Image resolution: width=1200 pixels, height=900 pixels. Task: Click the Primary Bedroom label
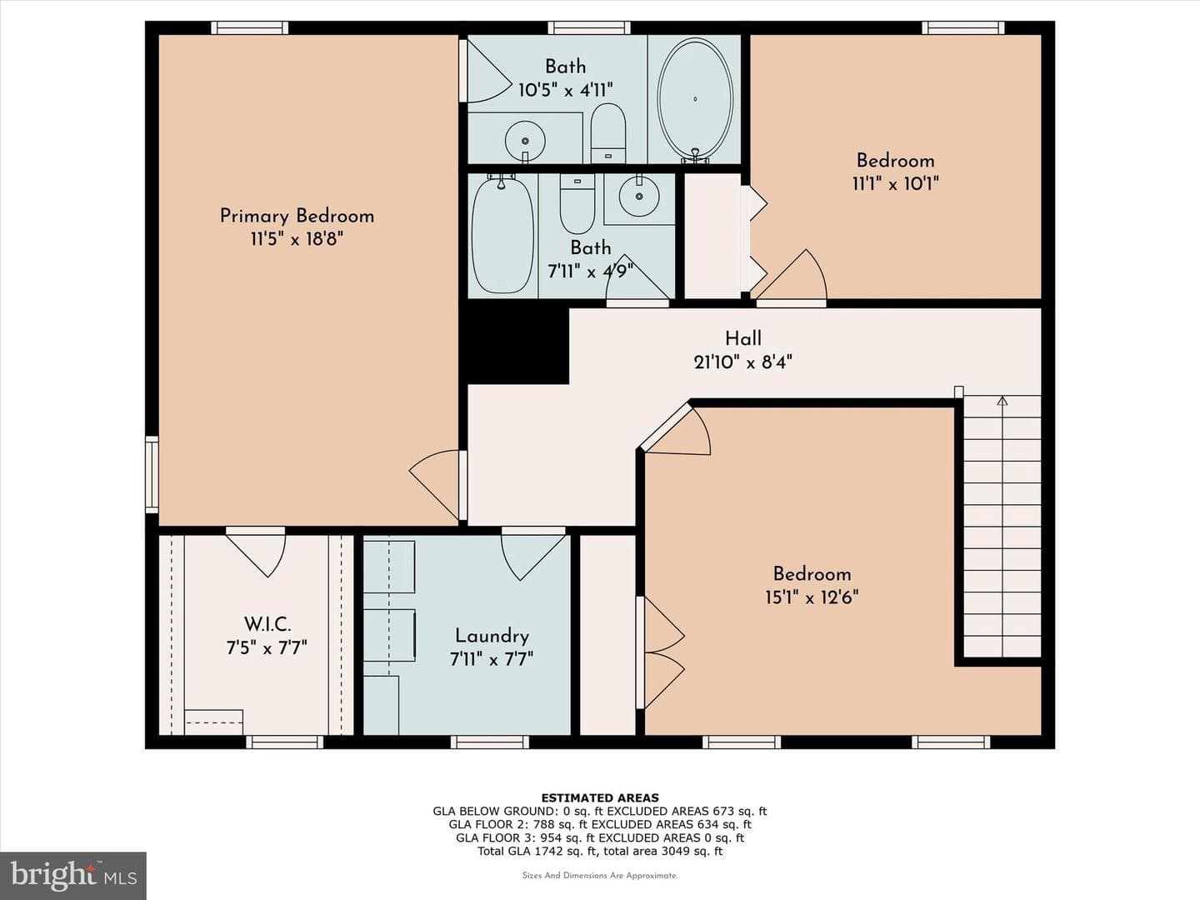[297, 216]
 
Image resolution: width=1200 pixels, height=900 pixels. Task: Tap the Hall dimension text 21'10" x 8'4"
[743, 362]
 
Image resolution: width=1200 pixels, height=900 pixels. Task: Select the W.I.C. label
[267, 623]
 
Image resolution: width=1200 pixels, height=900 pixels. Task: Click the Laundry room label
[492, 636]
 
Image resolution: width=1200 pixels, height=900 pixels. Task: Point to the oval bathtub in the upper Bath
[695, 100]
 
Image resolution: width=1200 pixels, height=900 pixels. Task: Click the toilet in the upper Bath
[608, 133]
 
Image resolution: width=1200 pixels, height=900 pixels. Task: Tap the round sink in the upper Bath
[525, 141]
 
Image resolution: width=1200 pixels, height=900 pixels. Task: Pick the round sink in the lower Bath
[639, 196]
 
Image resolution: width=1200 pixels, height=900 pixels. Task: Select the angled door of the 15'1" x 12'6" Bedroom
[676, 430]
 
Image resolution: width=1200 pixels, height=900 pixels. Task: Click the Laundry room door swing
[533, 554]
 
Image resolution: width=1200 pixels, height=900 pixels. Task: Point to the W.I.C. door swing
[256, 553]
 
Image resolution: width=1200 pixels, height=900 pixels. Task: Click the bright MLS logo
[73, 876]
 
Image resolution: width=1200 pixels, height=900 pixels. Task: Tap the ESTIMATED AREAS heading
[600, 797]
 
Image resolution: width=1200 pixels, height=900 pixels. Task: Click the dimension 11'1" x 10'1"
[896, 183]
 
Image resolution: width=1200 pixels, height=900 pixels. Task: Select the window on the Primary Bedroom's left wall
[152, 474]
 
